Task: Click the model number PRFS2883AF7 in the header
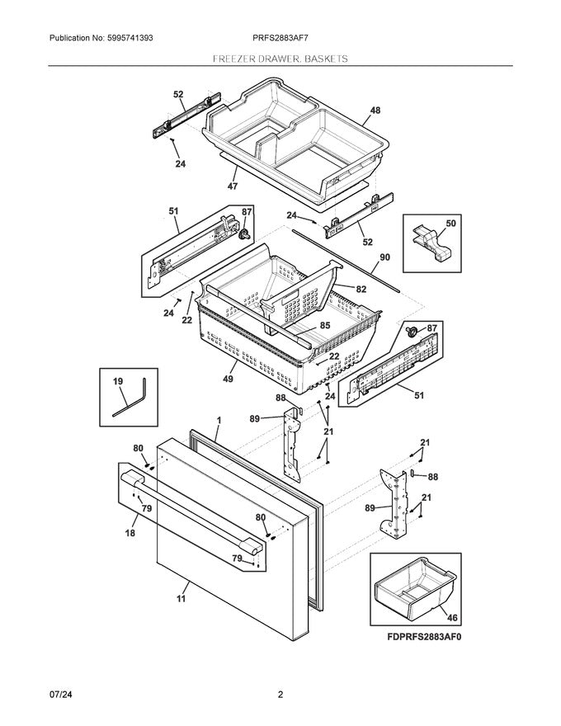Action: pos(280,38)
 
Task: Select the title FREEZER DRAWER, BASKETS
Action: pos(280,59)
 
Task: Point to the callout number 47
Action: pos(233,186)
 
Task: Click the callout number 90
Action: pos(384,258)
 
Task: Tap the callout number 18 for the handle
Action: pos(129,535)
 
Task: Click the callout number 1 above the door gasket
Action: pos(219,420)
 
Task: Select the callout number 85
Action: pos(325,326)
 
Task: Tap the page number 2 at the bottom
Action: pos(280,694)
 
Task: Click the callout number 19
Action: pos(118,381)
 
